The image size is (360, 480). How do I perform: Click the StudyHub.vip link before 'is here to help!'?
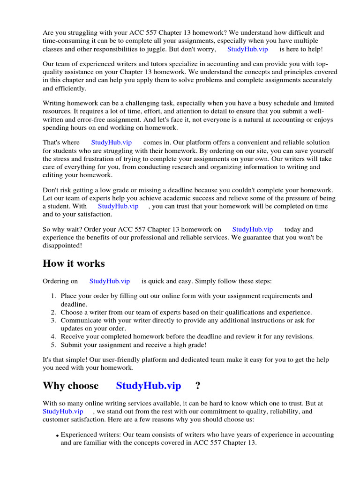(x=247, y=49)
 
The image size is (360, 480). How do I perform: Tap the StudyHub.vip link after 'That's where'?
(x=112, y=142)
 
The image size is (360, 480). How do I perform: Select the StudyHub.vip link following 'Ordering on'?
(x=110, y=281)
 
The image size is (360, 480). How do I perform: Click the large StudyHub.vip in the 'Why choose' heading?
(x=148, y=386)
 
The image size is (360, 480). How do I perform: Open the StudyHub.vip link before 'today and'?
(x=252, y=230)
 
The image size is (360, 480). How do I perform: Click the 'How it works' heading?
(x=74, y=263)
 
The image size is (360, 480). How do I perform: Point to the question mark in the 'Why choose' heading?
(x=198, y=386)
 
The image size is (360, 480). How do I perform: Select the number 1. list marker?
(x=53, y=296)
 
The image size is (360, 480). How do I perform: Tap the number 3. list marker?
(x=53, y=321)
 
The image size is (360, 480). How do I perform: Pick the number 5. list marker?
(x=53, y=345)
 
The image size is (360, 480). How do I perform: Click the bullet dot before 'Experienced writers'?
(x=58, y=436)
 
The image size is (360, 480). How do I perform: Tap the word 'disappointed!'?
(x=62, y=246)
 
